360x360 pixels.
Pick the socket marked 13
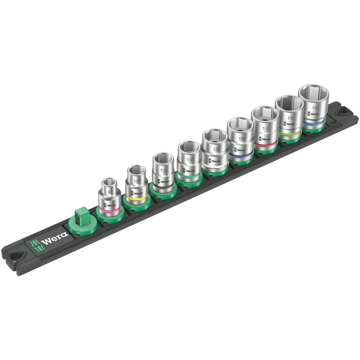click(x=188, y=160)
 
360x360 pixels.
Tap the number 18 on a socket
click(x=289, y=118)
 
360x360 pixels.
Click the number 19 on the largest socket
click(x=314, y=107)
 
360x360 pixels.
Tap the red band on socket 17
click(x=265, y=145)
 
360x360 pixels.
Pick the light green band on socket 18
click(x=290, y=133)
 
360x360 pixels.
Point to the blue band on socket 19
click(x=314, y=121)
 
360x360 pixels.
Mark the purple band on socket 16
click(x=240, y=156)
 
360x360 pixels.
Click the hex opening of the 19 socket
click(x=313, y=93)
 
